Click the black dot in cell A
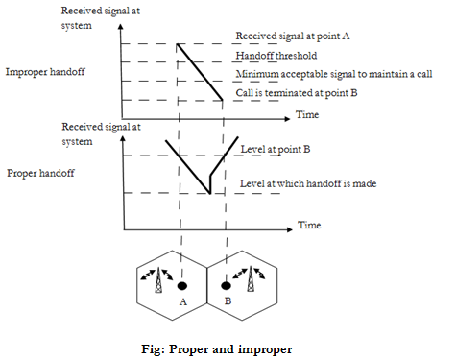180,285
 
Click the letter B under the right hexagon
227,300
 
